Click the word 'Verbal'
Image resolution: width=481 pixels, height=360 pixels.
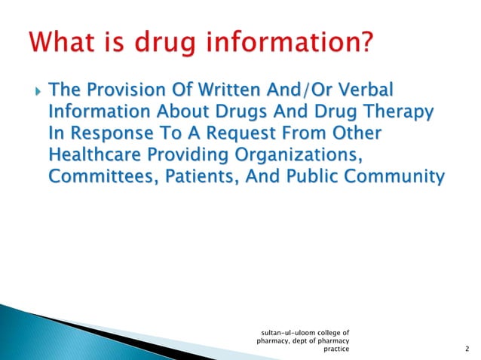coord(366,91)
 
